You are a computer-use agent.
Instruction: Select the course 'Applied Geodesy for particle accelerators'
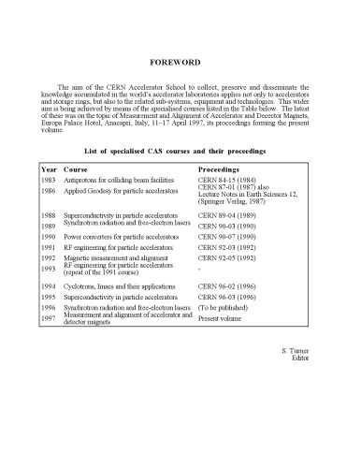[x=122, y=190]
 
